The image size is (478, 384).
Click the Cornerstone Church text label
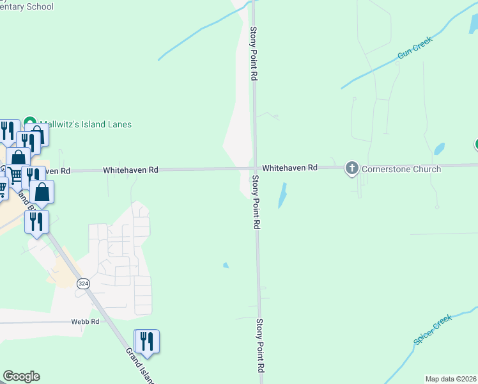point(401,169)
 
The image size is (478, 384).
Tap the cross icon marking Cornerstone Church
point(351,169)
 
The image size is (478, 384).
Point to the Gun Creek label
point(415,47)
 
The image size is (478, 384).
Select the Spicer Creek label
point(433,329)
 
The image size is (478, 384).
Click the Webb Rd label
point(85,322)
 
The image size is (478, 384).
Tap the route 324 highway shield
point(82,284)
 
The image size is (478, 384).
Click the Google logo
point(21,376)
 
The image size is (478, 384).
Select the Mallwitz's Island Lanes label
point(86,124)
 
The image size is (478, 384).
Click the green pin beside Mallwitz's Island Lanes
point(29,122)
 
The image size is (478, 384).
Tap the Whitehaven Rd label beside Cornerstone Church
point(289,168)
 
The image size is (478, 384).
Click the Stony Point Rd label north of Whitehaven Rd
point(254,53)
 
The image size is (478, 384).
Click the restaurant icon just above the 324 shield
point(36,221)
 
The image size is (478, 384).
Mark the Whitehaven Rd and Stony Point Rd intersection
point(254,168)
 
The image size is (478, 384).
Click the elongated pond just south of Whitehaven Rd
point(282,195)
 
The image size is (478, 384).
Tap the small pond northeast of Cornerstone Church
point(439,148)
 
